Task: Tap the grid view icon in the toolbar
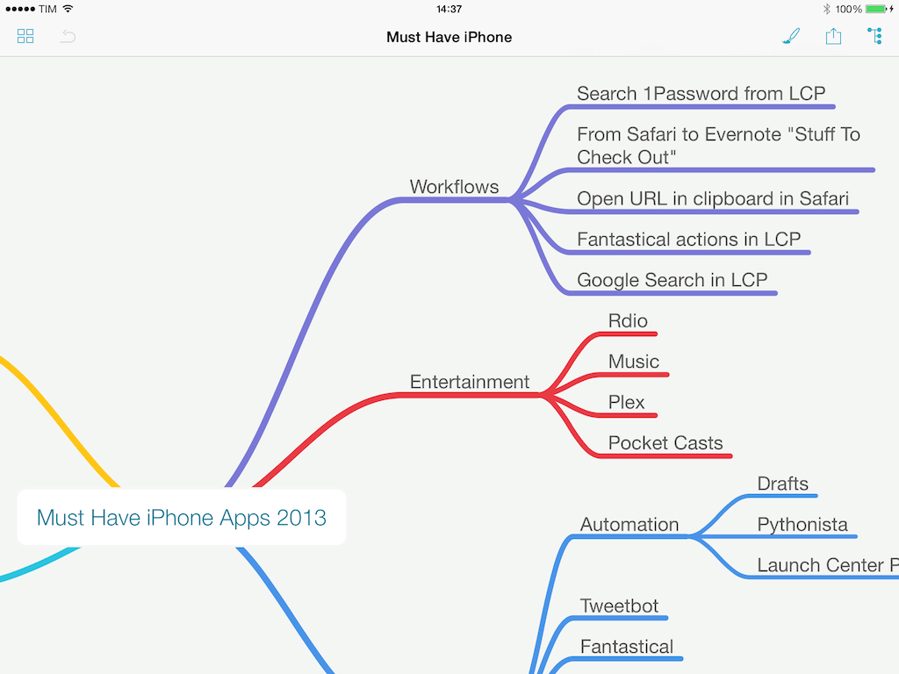[25, 37]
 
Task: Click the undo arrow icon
[68, 37]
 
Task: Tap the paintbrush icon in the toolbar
[791, 36]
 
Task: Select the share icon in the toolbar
[833, 36]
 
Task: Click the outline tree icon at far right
[875, 36]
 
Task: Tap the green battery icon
[875, 9]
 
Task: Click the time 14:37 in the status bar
[449, 9]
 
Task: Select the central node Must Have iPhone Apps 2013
[181, 518]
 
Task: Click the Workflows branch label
[454, 187]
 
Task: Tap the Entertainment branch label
[470, 382]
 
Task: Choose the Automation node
[629, 525]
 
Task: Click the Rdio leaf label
[628, 321]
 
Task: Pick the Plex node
[627, 402]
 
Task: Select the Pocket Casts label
[665, 443]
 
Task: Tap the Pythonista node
[802, 525]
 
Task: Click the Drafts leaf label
[782, 484]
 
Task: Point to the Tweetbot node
[619, 606]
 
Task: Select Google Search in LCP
[672, 280]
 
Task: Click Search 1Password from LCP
[701, 93]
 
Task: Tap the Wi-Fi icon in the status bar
[68, 9]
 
